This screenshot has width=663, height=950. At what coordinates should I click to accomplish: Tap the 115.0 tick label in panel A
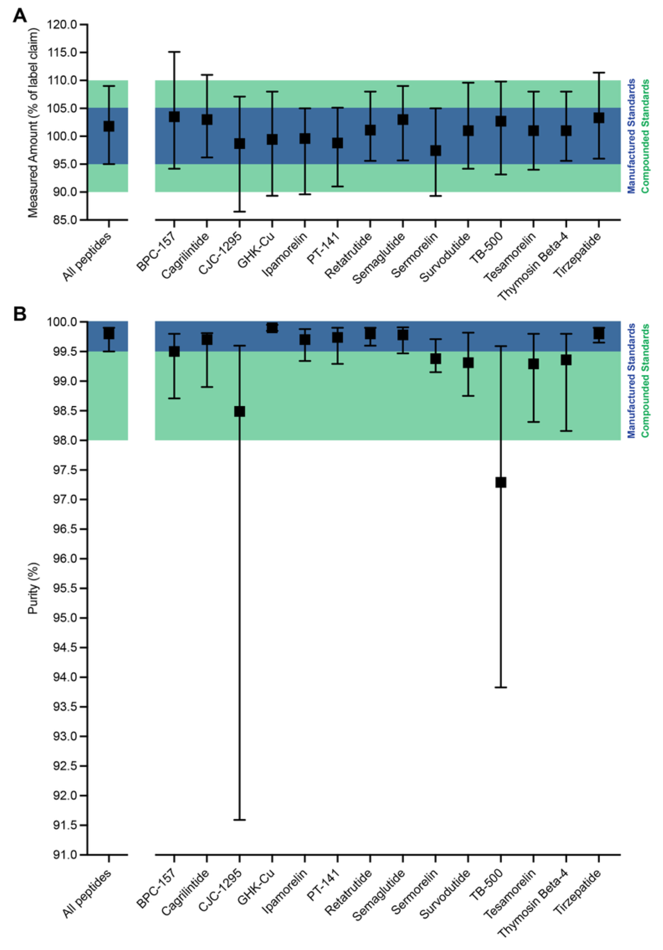pos(63,53)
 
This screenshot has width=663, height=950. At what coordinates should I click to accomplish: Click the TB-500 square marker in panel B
pos(501,483)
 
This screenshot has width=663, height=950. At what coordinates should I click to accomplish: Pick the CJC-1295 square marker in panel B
pos(239,411)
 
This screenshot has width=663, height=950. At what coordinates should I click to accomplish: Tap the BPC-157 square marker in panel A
pos(174,117)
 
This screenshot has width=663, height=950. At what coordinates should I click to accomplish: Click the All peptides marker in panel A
pos(109,126)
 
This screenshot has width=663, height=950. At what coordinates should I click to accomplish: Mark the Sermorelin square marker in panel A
pos(435,151)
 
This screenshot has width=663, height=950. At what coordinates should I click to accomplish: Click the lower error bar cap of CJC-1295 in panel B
pos(239,820)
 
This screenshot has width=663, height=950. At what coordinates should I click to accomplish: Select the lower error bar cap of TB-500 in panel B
pos(501,687)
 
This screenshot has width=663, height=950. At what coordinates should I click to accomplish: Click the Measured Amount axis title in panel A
pos(33,123)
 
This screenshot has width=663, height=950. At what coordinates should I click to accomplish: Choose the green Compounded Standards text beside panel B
pos(645,381)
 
